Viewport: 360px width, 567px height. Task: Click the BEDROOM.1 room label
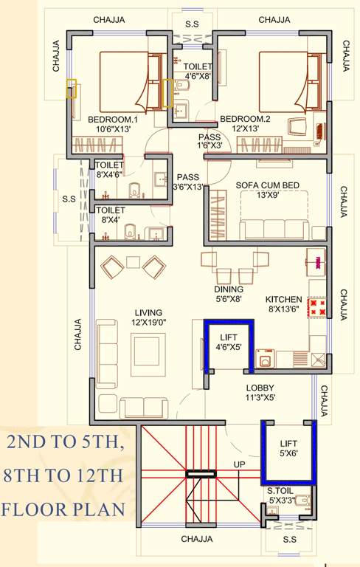113,124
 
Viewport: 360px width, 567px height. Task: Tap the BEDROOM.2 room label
245,124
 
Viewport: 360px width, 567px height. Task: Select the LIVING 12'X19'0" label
148,317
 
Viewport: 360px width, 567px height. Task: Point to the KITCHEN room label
284,304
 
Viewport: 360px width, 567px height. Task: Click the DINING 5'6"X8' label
229,294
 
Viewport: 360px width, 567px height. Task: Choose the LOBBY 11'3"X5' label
260,393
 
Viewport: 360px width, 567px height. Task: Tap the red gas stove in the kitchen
317,307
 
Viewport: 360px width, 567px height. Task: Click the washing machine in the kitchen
266,359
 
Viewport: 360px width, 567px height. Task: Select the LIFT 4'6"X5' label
229,342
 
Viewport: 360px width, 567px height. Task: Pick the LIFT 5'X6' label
288,448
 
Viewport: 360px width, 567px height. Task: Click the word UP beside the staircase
239,464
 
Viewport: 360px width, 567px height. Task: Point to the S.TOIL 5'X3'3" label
281,496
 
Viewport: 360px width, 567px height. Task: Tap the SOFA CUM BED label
268,190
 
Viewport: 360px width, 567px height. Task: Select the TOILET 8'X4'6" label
109,169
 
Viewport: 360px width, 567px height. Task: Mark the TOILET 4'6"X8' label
198,71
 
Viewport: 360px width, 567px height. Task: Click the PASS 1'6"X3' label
210,141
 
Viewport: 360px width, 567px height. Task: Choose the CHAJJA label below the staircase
197,539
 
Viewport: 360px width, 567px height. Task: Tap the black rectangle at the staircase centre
201,474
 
